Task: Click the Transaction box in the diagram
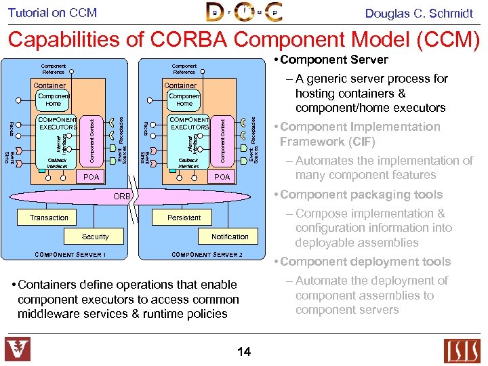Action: [49, 218]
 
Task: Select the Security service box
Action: [95, 237]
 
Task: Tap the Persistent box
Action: [184, 218]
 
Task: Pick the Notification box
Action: [230, 237]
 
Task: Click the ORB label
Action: [123, 197]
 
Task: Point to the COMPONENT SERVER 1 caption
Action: [70, 255]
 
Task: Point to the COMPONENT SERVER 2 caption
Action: [207, 255]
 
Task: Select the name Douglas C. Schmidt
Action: [419, 13]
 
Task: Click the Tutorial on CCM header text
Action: [52, 13]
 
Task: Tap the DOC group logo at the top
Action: [243, 12]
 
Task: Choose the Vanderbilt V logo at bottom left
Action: [18, 350]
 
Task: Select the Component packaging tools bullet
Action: [361, 195]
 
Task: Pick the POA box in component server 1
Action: [91, 177]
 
